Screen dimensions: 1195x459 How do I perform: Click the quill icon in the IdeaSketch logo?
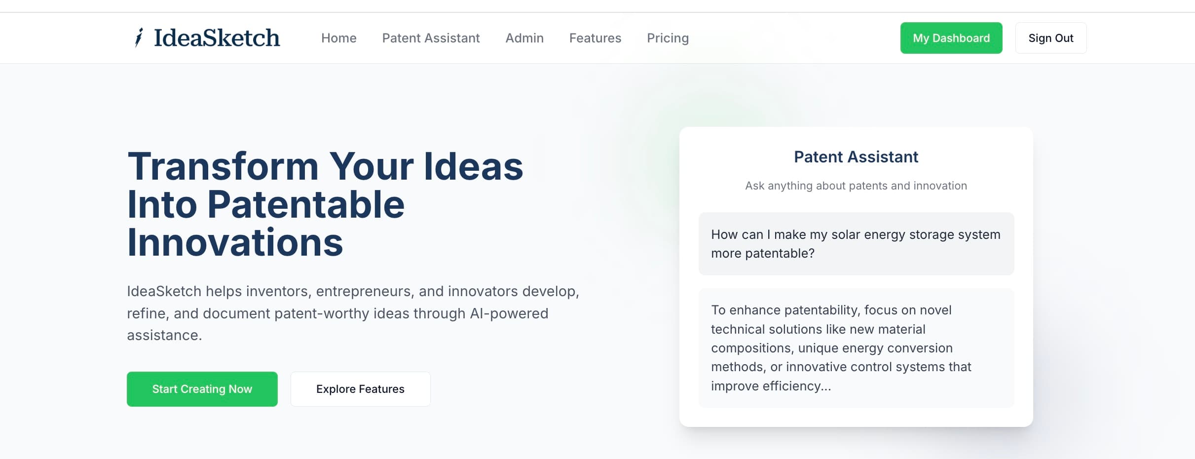coord(139,38)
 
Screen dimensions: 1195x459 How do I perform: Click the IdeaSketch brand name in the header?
coord(217,38)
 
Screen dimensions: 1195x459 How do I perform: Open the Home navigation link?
coord(339,38)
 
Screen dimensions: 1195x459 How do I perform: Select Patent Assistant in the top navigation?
coord(431,38)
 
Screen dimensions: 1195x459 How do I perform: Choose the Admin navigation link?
coord(524,38)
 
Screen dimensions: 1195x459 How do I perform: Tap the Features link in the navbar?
coord(595,38)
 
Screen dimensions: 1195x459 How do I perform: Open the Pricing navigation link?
coord(668,38)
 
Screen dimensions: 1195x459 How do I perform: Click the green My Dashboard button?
coord(951,38)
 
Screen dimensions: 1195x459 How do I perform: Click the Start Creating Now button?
coord(202,389)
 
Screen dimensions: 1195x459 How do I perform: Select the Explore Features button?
coord(360,389)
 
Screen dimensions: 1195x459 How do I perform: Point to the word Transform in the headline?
coord(223,166)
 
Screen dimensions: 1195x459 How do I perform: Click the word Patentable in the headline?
coord(306,204)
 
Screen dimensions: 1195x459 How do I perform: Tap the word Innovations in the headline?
coord(235,242)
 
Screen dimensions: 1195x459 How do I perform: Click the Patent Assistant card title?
coord(856,157)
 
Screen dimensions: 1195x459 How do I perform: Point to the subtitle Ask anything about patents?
coord(856,186)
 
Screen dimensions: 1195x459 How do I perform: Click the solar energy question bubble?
coord(856,244)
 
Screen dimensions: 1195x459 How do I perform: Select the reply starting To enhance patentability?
coord(856,348)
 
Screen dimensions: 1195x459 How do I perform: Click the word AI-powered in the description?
coord(509,313)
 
